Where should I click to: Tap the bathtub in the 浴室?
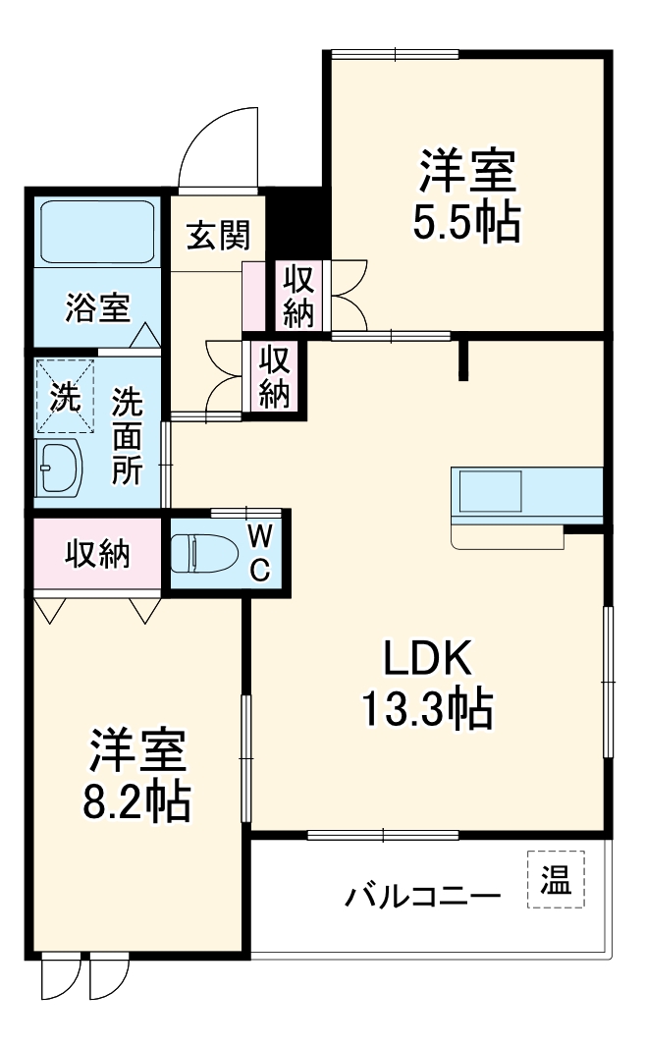point(97,230)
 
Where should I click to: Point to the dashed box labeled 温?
point(555,879)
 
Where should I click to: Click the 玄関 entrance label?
point(218,235)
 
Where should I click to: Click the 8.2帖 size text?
point(135,802)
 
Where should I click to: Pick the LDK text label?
point(428,659)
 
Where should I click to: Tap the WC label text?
point(259,552)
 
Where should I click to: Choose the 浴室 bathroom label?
point(96,306)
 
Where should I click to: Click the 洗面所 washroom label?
point(127,435)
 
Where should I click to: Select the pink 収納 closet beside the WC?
point(97,555)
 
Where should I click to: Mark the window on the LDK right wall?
point(609,682)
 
